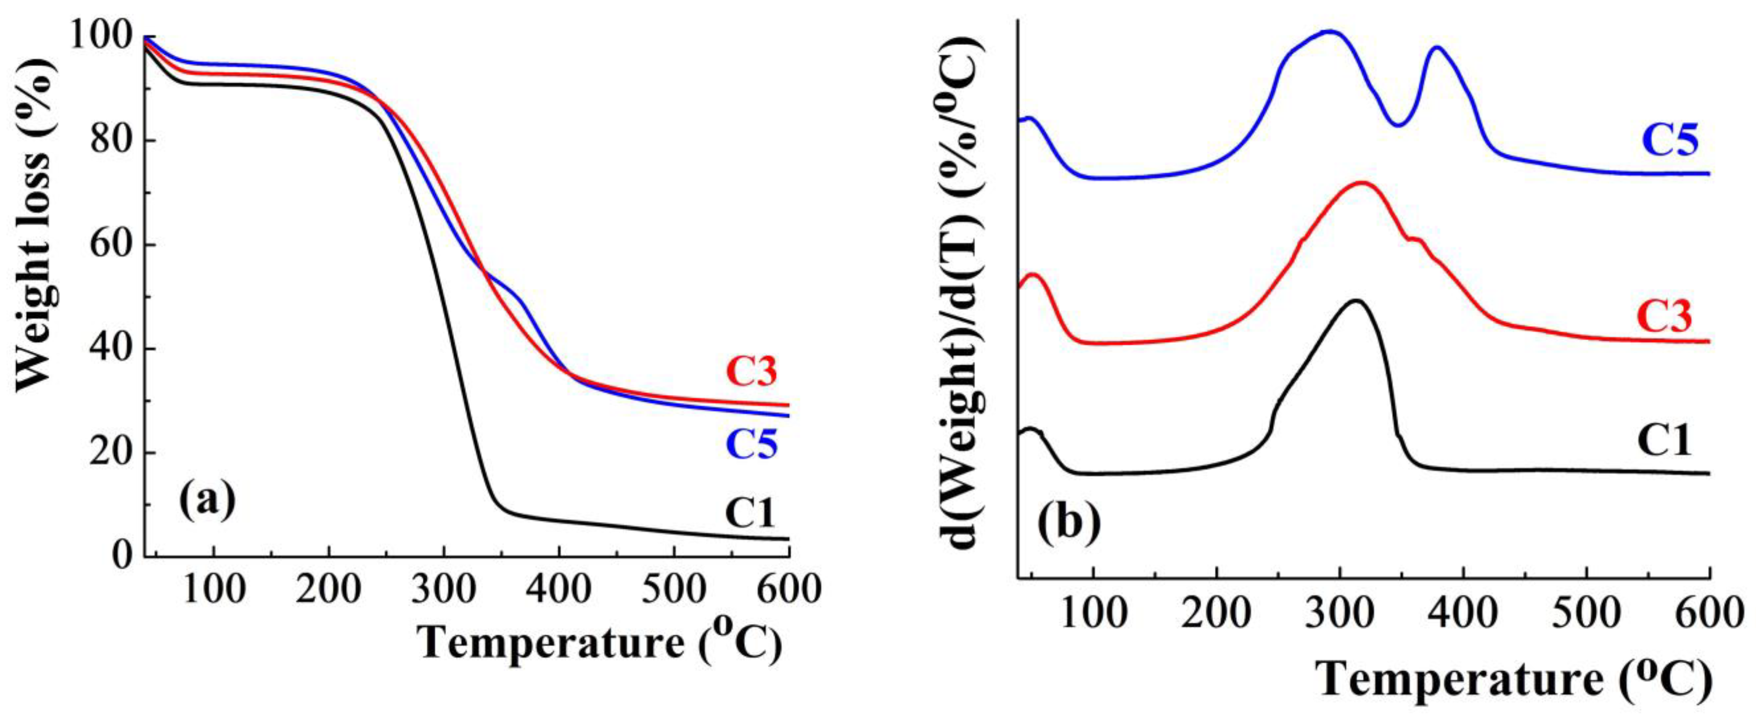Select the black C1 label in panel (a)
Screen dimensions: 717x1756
tap(750, 513)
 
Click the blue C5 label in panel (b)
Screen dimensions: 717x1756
tap(1669, 141)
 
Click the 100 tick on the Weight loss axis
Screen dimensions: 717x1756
tap(102, 35)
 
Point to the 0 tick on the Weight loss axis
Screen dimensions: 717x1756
tap(123, 556)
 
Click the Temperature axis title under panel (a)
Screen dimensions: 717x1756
tap(600, 643)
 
